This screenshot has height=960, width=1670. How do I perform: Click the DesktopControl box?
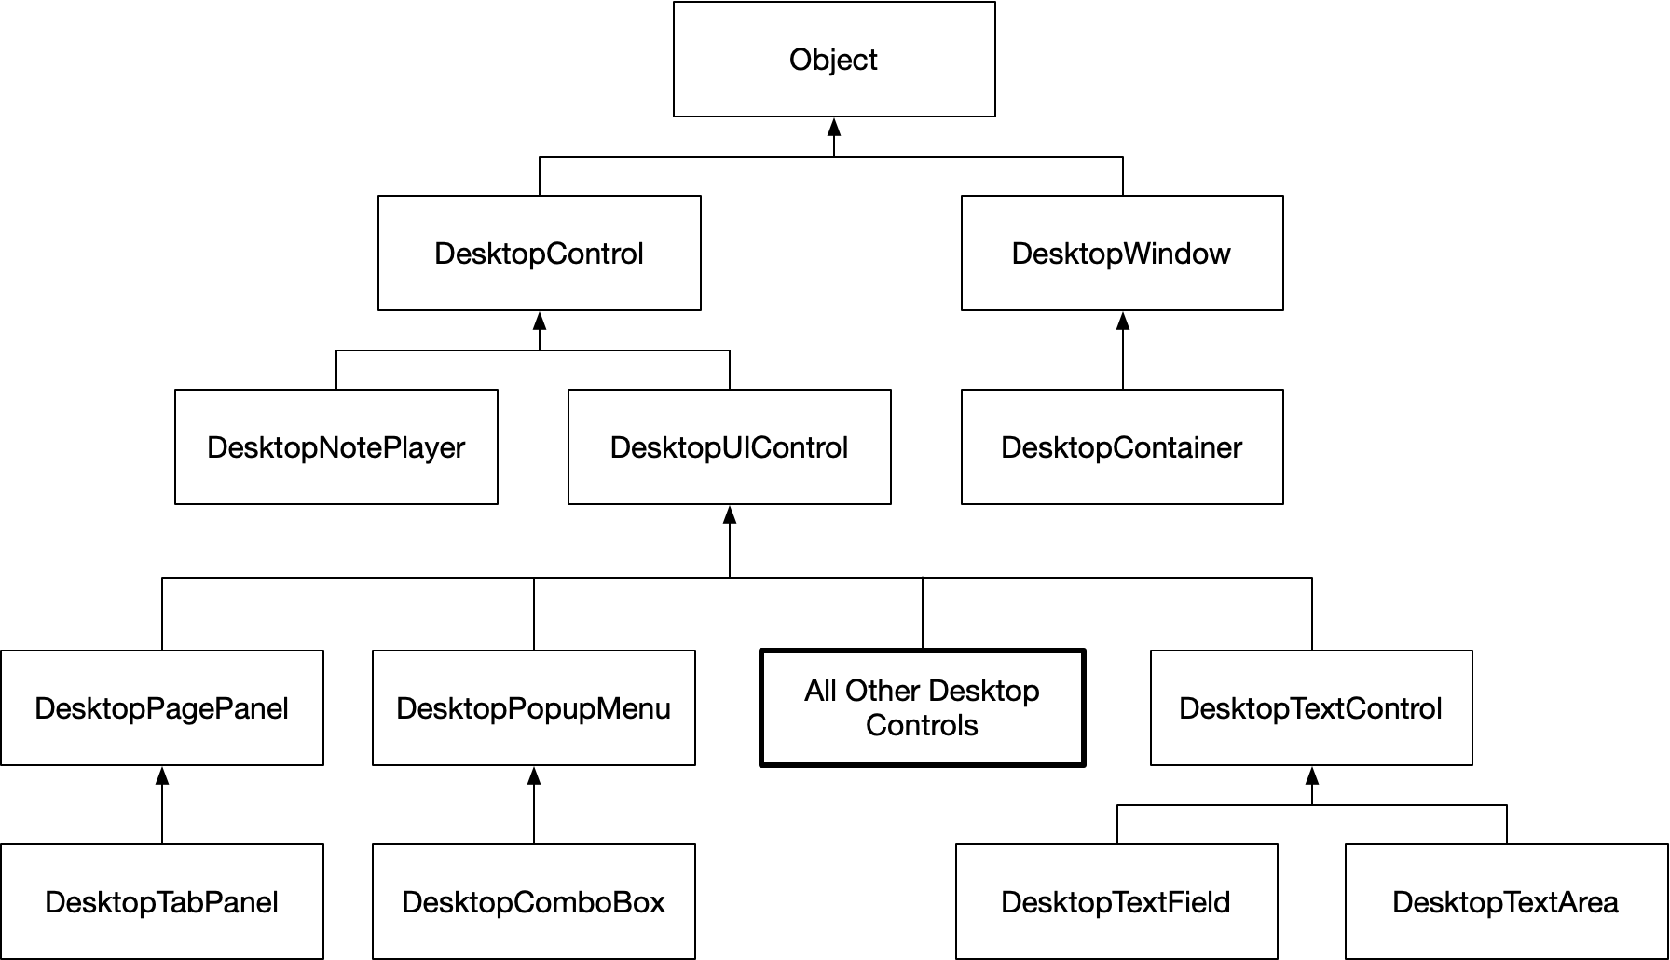tap(539, 253)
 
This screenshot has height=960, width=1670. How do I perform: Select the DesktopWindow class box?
tap(1122, 253)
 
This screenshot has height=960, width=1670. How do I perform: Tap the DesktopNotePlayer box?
tap(335, 446)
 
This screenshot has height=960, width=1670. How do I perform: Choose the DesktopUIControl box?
tap(729, 446)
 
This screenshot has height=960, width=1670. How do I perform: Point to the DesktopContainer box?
tap(1122, 446)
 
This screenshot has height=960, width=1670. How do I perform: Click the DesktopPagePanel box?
tap(161, 707)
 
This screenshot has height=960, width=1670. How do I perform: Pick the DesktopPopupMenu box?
tap(533, 707)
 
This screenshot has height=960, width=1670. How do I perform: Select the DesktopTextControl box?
tap(1310, 707)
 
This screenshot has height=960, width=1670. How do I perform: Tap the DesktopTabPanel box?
tap(161, 901)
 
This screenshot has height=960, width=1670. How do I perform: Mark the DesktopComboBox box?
tap(533, 901)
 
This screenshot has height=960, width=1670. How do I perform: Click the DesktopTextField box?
tap(1116, 901)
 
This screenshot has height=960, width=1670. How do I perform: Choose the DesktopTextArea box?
tap(1505, 901)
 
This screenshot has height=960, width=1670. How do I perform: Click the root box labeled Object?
tap(833, 59)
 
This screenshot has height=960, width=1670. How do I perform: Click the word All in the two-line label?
tap(820, 691)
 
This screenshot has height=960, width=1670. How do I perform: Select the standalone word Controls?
tap(922, 725)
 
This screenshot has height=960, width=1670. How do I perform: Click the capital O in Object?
tap(800, 60)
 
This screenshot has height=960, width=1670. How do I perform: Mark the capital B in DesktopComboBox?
tap(623, 902)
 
